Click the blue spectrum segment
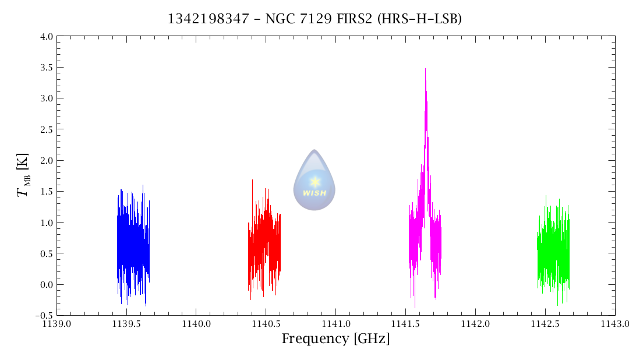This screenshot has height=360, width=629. [x=133, y=245]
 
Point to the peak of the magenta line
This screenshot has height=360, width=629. [x=425, y=69]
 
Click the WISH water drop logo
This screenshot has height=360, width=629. [x=314, y=180]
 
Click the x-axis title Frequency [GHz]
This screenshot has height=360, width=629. [x=335, y=338]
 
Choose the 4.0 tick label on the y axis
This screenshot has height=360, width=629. [x=46, y=37]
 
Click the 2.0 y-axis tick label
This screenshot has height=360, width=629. [x=46, y=160]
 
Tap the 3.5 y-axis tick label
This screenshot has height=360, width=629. [x=46, y=68]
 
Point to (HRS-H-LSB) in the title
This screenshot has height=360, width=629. [x=419, y=19]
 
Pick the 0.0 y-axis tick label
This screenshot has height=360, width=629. [x=46, y=284]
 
